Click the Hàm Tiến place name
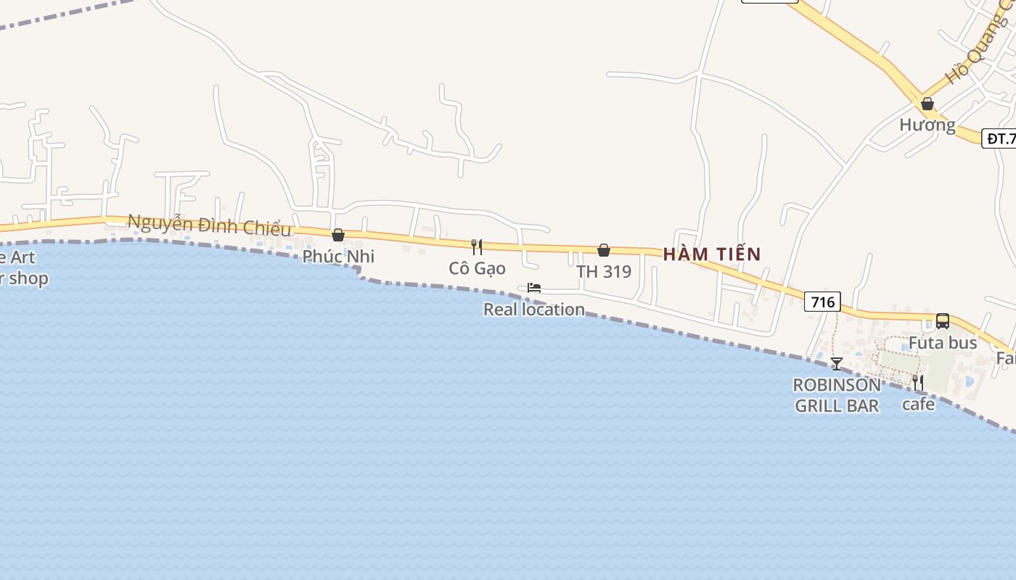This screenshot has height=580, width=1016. pos(712,254)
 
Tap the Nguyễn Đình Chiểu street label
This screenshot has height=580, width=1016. pos(210,225)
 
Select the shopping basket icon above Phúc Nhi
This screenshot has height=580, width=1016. pos(338,235)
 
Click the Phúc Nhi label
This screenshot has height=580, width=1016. pos(338,256)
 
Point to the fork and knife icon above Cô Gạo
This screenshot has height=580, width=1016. pos(477,246)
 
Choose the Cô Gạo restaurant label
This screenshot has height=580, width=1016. pos(477,268)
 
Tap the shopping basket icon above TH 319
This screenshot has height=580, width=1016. pos(604,250)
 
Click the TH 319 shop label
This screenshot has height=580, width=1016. pos(604,272)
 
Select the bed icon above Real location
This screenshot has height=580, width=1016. pos(534,288)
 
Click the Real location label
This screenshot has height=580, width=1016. pos(534,310)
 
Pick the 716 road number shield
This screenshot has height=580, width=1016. pos(822,302)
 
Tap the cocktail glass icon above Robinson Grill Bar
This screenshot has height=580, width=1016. pos(837,363)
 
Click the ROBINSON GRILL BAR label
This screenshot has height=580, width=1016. pos(837,395)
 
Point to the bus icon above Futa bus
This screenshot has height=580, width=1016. pos(943,320)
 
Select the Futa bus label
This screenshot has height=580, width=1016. pos(943,342)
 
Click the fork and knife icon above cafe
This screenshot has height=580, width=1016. pos(918,382)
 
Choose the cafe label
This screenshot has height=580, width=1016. pos(918,404)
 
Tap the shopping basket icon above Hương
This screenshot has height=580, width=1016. pos(927,104)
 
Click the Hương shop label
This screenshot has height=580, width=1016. pos(927,125)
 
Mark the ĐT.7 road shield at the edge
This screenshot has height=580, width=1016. pos(999,138)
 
